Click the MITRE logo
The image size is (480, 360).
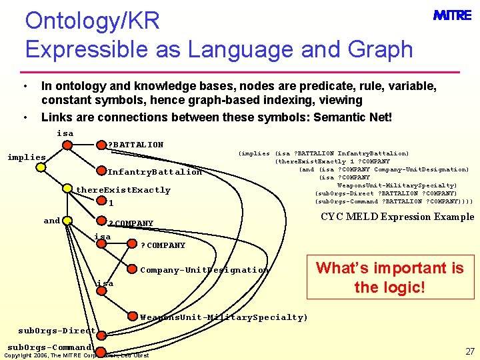point(451,15)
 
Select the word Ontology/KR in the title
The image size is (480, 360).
point(93,21)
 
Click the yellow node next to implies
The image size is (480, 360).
point(41,167)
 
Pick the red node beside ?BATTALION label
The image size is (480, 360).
point(100,145)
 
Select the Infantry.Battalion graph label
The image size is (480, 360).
point(155,172)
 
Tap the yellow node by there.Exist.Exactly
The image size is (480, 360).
point(68,190)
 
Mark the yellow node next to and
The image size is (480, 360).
point(69,221)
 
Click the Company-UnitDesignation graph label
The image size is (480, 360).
point(204,270)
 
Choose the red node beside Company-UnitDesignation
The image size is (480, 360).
point(132,269)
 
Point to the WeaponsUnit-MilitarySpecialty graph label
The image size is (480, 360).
point(223,317)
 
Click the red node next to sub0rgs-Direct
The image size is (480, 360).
point(101,331)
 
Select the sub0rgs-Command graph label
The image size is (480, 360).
point(49,347)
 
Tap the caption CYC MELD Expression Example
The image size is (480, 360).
point(397,217)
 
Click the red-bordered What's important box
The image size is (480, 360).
point(389,277)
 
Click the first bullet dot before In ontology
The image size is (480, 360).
point(25,87)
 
